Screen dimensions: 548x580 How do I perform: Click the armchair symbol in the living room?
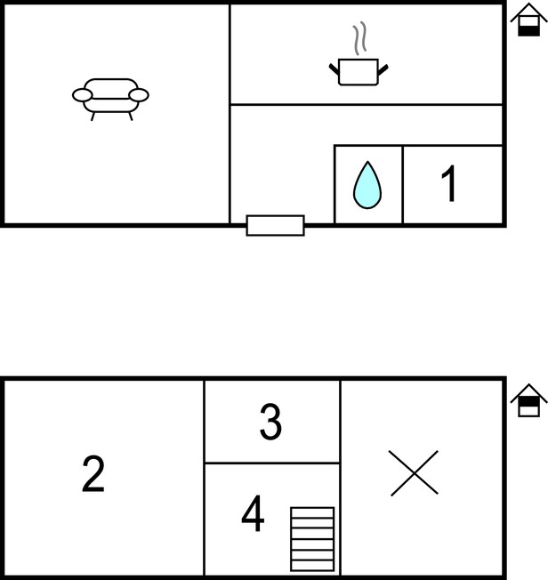[x=110, y=99]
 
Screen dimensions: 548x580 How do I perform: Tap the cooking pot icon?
[x=359, y=72]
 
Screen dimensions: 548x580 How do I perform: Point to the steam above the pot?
[x=359, y=38]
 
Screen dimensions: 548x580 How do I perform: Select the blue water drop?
[x=367, y=185]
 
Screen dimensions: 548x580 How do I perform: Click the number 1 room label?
[x=449, y=183]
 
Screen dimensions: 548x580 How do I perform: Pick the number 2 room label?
[x=93, y=474]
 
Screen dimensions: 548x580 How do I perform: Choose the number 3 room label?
[x=270, y=422]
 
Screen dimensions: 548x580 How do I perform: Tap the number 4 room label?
[x=253, y=513]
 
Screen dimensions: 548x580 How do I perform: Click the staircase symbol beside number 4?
[x=312, y=539]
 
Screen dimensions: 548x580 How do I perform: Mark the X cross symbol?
[x=415, y=472]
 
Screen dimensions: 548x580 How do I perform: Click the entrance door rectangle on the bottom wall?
[x=275, y=225]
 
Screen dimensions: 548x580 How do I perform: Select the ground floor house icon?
[x=528, y=20]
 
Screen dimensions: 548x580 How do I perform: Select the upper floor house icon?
[x=528, y=400]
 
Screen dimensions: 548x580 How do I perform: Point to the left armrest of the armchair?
[x=82, y=95]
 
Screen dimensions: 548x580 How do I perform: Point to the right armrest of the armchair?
[x=139, y=95]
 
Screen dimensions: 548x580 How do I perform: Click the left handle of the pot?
[x=334, y=68]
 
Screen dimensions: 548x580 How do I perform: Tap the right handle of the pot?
[x=383, y=69]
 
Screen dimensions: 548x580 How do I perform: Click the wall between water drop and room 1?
[x=403, y=184]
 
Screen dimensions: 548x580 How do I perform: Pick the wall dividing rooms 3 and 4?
[x=272, y=463]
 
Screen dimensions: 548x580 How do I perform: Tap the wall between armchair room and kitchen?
[x=230, y=114]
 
